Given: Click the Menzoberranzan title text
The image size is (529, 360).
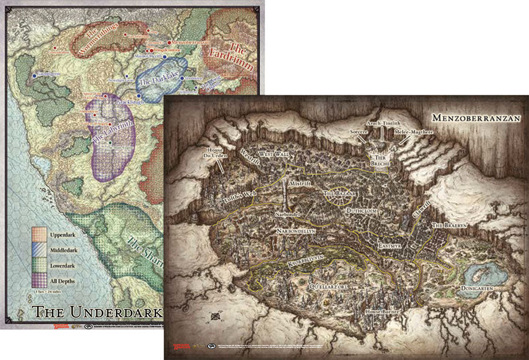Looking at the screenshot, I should click(476, 118).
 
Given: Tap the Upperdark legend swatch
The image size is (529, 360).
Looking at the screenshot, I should click(39, 235).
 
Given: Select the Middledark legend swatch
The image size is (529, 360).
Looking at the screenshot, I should click(39, 251).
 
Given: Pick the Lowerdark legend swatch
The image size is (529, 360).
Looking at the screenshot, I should click(39, 266).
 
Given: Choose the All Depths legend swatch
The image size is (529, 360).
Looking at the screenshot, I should click(39, 281).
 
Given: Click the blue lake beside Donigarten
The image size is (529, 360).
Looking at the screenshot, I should click(487, 273).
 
